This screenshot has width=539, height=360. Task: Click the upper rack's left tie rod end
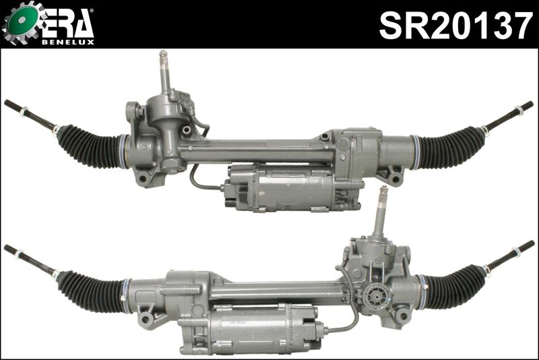(x=27, y=113)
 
